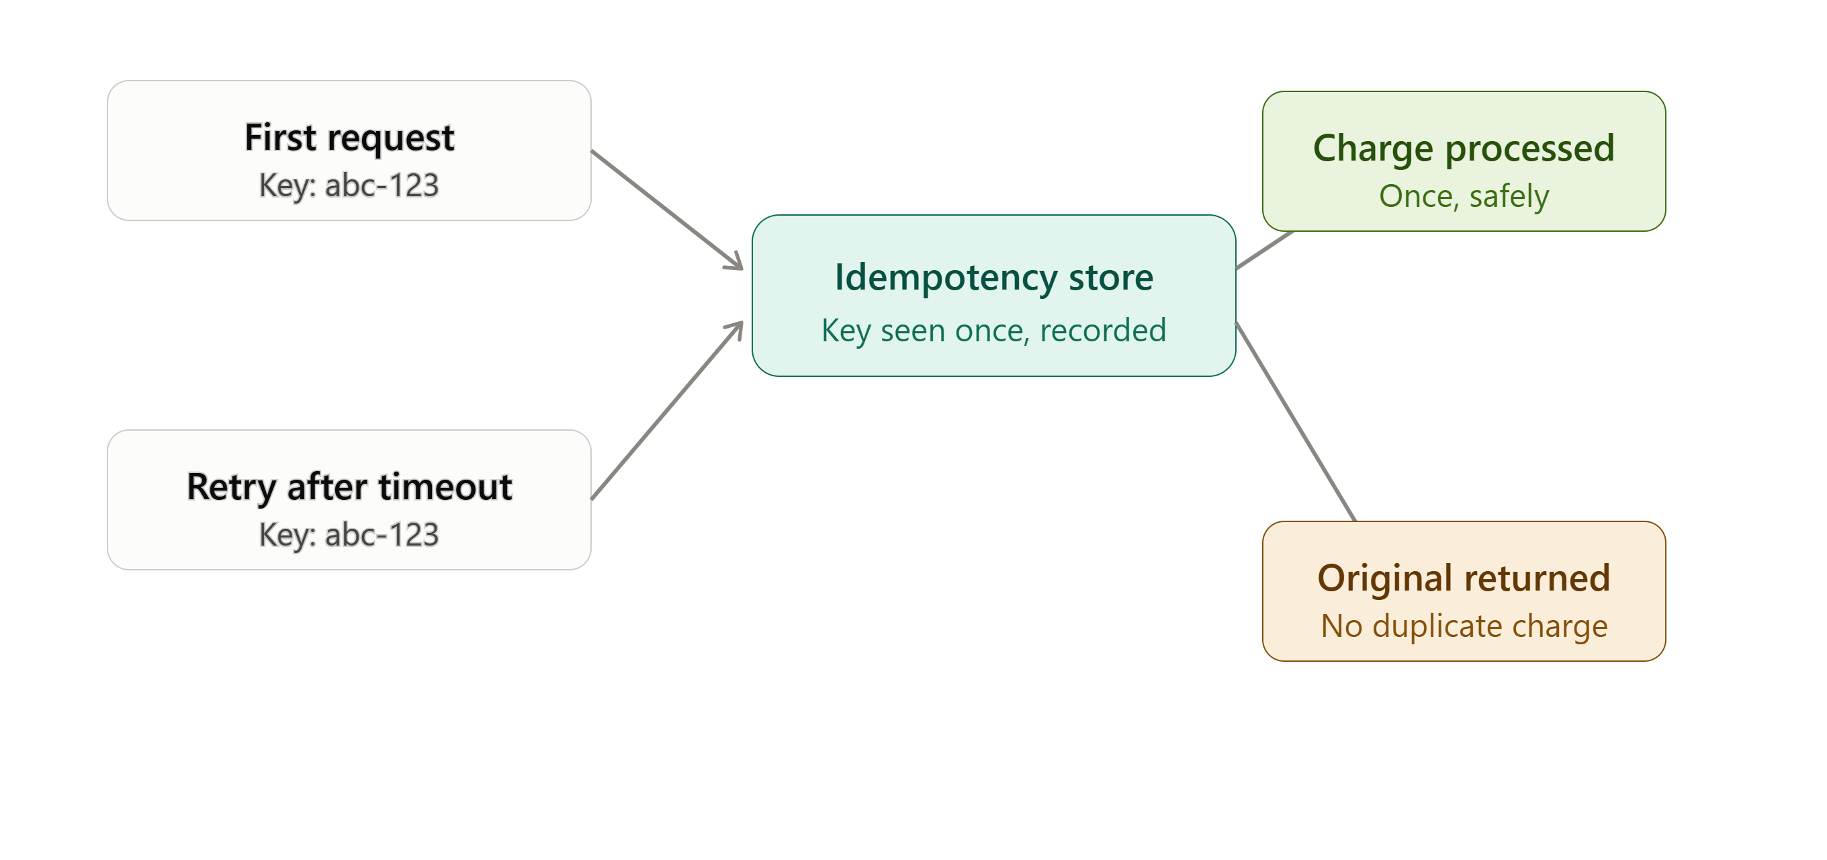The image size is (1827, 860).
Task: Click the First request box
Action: [x=349, y=150]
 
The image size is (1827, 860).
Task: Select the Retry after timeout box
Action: [x=349, y=499]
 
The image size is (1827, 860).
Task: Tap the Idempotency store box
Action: [x=993, y=295]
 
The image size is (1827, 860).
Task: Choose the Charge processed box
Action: [x=1464, y=161]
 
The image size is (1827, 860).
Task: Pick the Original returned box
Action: [x=1464, y=591]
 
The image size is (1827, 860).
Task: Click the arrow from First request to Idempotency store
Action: [x=668, y=210]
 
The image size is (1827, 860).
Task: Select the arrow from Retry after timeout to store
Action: [x=668, y=410]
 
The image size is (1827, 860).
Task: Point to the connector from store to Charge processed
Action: [x=1265, y=250]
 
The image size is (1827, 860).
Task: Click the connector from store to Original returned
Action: [x=1296, y=421]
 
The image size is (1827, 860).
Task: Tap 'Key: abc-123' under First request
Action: [x=349, y=186]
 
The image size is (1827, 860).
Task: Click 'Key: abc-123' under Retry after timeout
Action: [x=349, y=535]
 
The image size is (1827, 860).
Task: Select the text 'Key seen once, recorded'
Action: [x=993, y=331]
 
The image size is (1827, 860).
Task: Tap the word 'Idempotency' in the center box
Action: [x=946, y=278]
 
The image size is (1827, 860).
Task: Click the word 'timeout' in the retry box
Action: [x=445, y=488]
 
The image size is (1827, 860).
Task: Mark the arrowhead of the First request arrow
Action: [x=735, y=262]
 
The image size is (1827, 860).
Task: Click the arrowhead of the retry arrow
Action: [x=736, y=330]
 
